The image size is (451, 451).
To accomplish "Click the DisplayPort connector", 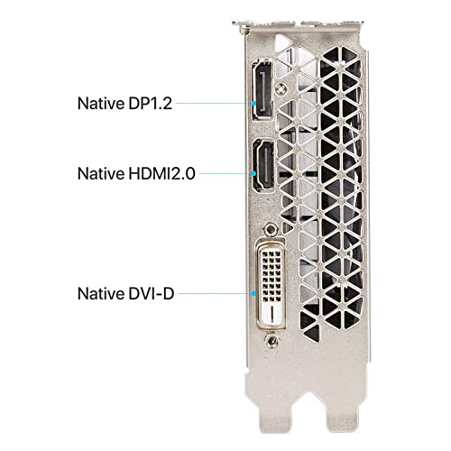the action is pos(262,89).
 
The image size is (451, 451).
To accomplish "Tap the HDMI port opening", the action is pos(263,165).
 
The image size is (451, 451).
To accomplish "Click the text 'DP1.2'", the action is pos(151,103).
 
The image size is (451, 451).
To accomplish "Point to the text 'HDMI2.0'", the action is pos(162,173).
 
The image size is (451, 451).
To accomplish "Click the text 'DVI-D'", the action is pos(152,293).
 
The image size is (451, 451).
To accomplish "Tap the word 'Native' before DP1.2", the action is pos(101,103).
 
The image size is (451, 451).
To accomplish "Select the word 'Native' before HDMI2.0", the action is pos(101,173).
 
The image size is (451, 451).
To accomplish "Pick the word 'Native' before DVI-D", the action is pos(101,293).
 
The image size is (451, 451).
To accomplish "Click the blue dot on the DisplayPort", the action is pos(254,103).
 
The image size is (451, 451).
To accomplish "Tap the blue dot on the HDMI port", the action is pos(254,173).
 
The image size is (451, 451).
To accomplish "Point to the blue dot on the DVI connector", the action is pos(254,293).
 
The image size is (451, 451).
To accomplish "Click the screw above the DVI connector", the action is pos(271,230).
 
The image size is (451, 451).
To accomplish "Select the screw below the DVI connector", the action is pos(272,341).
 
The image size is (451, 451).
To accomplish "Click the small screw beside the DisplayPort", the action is pos(281,88).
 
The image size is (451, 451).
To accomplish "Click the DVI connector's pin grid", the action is pos(272,276).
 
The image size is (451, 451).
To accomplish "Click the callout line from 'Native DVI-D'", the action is pos(215,293).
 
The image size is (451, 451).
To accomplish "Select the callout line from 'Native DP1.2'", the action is pos(214,103).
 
